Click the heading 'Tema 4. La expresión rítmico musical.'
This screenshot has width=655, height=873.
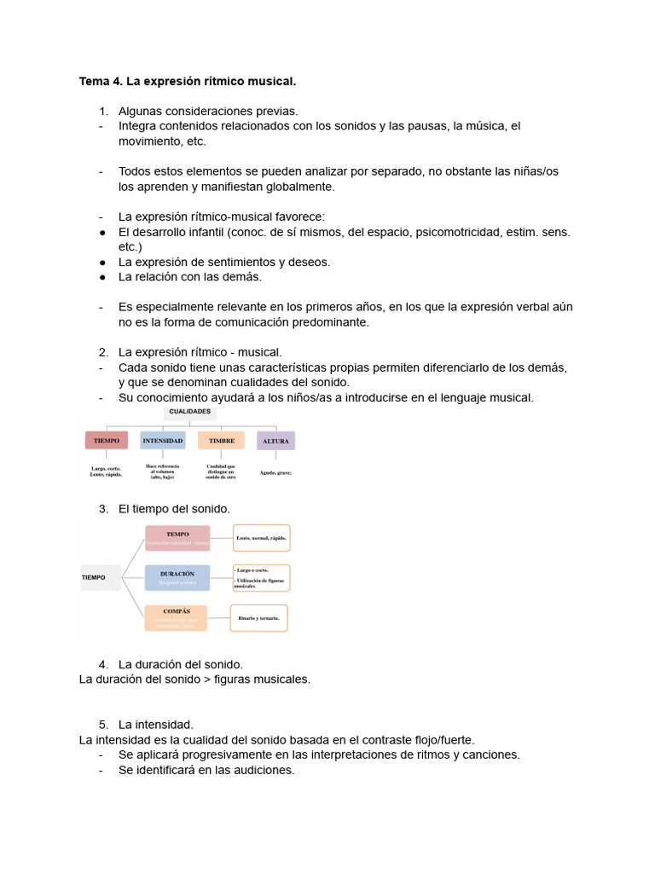(188, 82)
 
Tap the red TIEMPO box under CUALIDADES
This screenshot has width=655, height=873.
(107, 441)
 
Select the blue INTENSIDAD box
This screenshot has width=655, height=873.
(163, 441)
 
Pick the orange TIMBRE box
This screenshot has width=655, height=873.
(221, 441)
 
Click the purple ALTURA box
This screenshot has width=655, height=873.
(275, 441)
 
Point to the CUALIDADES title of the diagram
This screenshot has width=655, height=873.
(190, 412)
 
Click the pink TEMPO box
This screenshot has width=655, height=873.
(177, 538)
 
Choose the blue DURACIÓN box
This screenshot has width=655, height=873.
(177, 577)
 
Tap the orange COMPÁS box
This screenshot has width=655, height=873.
(176, 617)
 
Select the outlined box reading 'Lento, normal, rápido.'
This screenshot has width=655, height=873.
(262, 538)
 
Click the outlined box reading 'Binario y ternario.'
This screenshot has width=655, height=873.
(260, 617)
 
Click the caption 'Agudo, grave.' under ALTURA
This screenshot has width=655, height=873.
(275, 472)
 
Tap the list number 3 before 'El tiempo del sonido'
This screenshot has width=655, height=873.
(103, 508)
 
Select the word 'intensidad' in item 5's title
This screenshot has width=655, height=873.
(165, 724)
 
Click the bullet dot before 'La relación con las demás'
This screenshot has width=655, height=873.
(102, 277)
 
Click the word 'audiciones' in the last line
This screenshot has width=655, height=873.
(264, 770)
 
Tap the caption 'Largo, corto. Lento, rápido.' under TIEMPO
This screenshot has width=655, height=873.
(107, 471)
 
